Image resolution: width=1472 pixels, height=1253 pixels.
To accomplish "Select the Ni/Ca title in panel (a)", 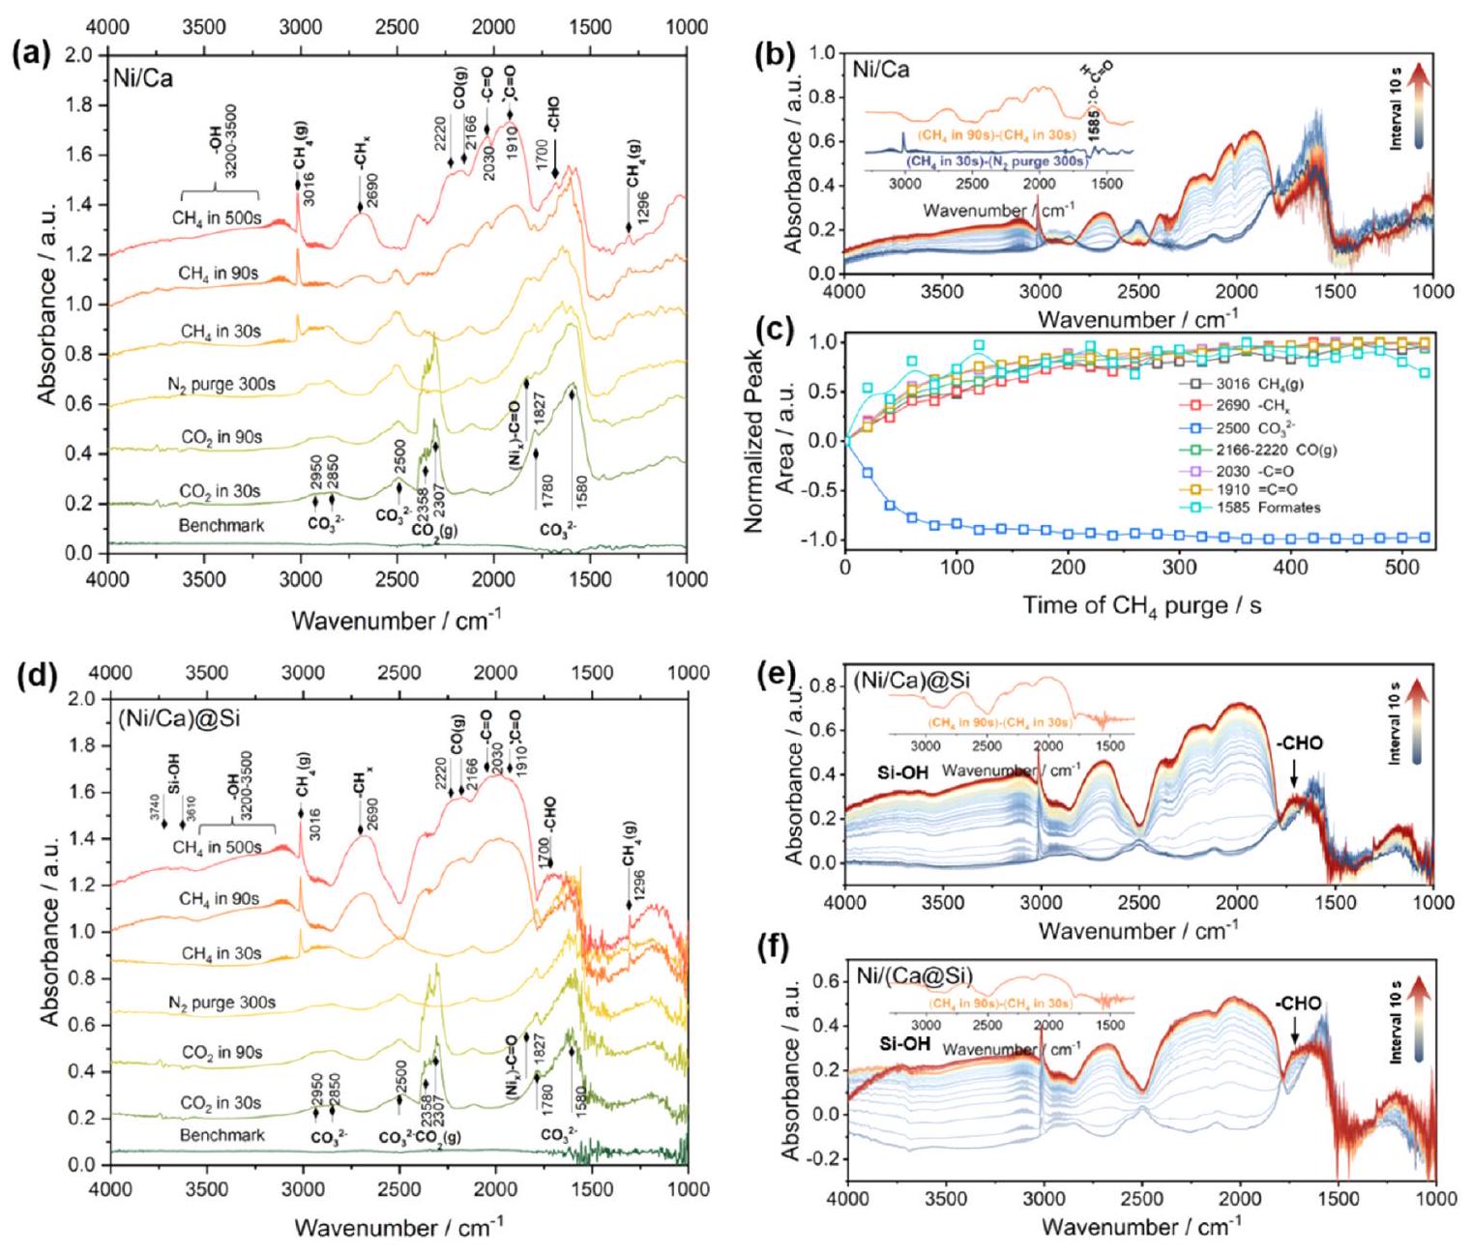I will pyautogui.click(x=144, y=77).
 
